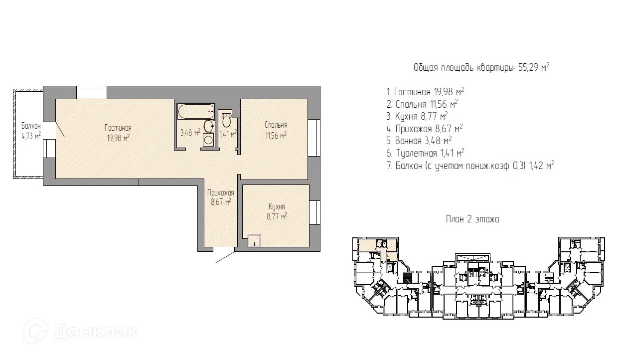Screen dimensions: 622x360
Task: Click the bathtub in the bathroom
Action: click(x=196, y=111)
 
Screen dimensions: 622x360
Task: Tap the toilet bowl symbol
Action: click(x=227, y=120)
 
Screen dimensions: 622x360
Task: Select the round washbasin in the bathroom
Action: click(x=209, y=126)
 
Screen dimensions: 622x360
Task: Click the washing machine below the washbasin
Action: click(x=208, y=140)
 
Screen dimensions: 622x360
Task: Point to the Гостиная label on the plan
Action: click(x=118, y=128)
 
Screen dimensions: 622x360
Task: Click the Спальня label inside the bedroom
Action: click(x=276, y=125)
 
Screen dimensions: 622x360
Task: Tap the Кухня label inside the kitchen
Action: click(x=277, y=206)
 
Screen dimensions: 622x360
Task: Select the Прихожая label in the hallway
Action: click(x=221, y=192)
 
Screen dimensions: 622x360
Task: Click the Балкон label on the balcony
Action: click(x=31, y=126)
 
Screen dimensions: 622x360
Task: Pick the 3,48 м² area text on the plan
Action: click(x=190, y=133)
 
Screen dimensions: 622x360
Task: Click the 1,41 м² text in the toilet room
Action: click(x=228, y=134)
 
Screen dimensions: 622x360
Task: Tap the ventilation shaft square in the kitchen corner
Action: click(x=254, y=240)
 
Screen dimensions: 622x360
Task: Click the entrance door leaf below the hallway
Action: click(x=225, y=257)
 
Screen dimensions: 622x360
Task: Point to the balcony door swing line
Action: click(x=60, y=130)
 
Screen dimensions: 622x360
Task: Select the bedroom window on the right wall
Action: click(x=314, y=138)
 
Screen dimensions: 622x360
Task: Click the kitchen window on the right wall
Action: click(x=315, y=212)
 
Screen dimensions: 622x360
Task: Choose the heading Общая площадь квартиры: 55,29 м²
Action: click(x=481, y=67)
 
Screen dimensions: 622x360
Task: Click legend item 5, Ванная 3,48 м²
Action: click(x=419, y=141)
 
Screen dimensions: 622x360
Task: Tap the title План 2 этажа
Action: click(x=472, y=219)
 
